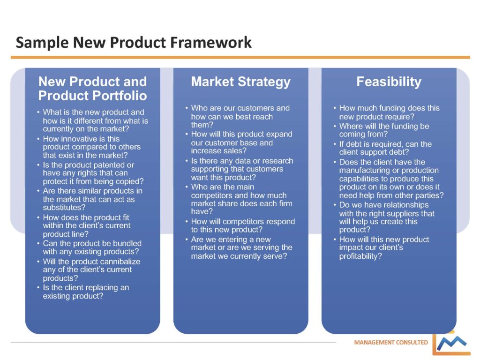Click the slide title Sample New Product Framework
click(134, 43)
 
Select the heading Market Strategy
click(240, 82)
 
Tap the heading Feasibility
click(389, 82)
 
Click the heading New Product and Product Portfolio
click(92, 89)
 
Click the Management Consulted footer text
click(391, 342)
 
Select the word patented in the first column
click(112, 165)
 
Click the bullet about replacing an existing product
click(86, 292)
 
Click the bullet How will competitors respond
click(243, 225)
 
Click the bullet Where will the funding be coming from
click(384, 130)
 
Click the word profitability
click(360, 256)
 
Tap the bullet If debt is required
click(385, 148)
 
